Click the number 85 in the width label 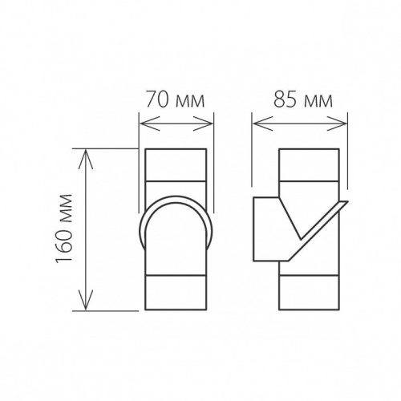click(282, 101)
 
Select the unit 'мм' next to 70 click(189, 101)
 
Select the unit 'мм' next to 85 click(314, 101)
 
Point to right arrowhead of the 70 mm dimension click(211, 124)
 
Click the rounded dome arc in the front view click(176, 200)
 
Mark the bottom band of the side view click(308, 294)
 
